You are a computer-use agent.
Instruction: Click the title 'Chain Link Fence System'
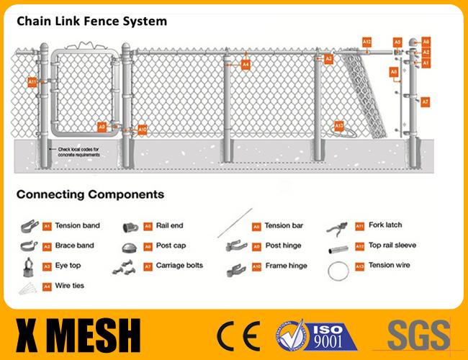click(x=91, y=21)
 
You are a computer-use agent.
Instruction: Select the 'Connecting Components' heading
click(x=90, y=194)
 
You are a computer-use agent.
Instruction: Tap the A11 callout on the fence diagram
click(x=32, y=82)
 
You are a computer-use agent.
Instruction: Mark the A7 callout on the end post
click(x=426, y=102)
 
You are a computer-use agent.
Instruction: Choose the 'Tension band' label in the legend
click(x=77, y=225)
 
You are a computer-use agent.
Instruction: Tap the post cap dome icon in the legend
click(x=131, y=246)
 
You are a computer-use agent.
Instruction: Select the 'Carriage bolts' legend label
click(x=179, y=265)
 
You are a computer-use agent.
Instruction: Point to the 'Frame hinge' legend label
click(x=286, y=266)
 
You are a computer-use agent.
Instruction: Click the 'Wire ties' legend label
click(x=70, y=286)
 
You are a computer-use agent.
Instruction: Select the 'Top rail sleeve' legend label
click(x=392, y=246)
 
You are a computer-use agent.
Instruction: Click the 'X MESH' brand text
click(x=78, y=334)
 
